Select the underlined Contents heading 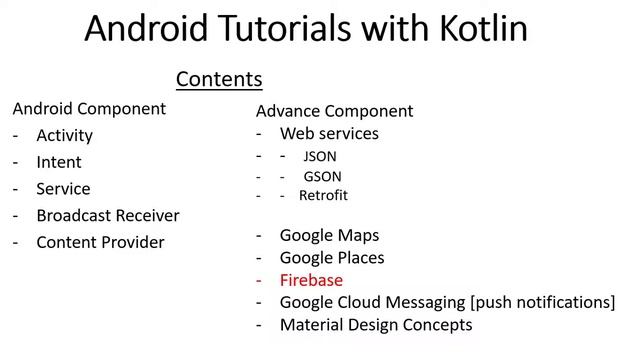219,79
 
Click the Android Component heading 89,108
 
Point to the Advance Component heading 334,111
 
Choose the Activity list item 64,135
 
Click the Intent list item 59,162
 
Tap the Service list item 63,189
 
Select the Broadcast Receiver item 108,216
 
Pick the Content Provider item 100,242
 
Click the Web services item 329,134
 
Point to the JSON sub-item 320,157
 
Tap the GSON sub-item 322,177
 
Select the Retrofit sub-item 323,196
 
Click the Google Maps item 329,236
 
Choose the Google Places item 332,258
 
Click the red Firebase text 311,280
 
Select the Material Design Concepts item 376,325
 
